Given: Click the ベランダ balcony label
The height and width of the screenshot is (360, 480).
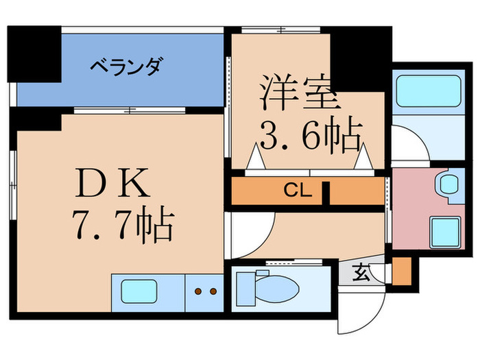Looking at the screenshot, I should [x=126, y=67].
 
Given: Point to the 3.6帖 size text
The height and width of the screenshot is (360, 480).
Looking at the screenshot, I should [x=308, y=137].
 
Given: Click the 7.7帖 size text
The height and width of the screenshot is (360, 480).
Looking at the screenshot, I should [x=121, y=226].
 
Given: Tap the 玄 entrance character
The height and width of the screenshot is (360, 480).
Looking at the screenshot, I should [x=361, y=274].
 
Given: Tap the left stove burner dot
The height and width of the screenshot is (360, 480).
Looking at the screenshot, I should [x=198, y=291].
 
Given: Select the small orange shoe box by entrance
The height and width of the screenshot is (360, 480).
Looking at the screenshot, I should [x=401, y=271].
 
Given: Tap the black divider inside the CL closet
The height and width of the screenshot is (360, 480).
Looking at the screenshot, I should [x=328, y=191].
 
